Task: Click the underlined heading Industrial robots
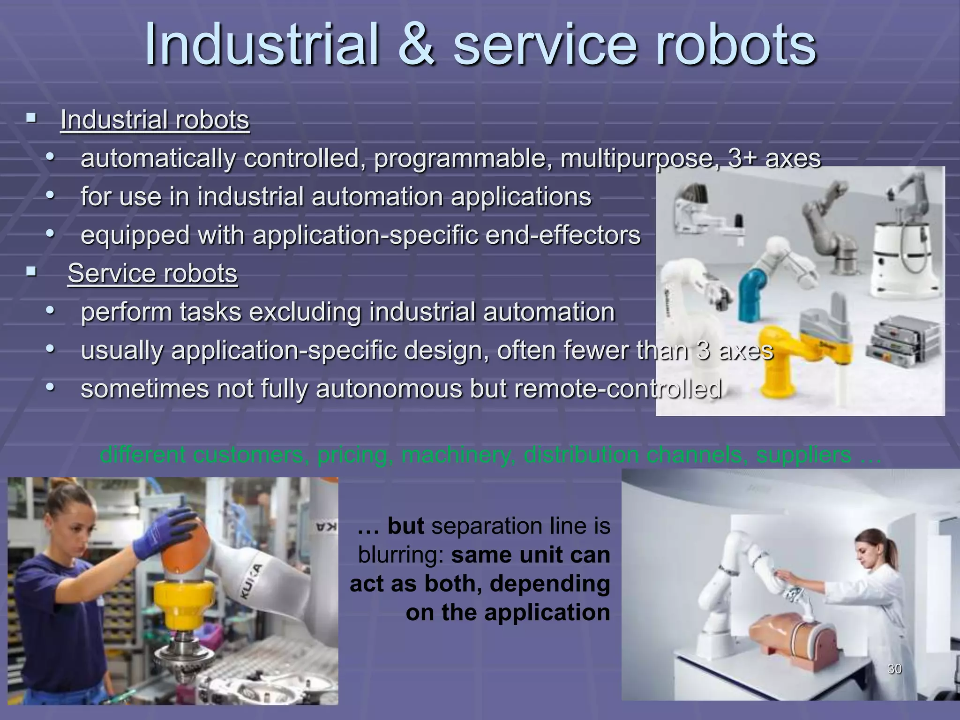point(155,120)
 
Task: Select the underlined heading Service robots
point(152,273)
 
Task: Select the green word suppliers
point(804,455)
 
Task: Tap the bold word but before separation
point(406,526)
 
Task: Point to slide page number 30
point(895,669)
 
